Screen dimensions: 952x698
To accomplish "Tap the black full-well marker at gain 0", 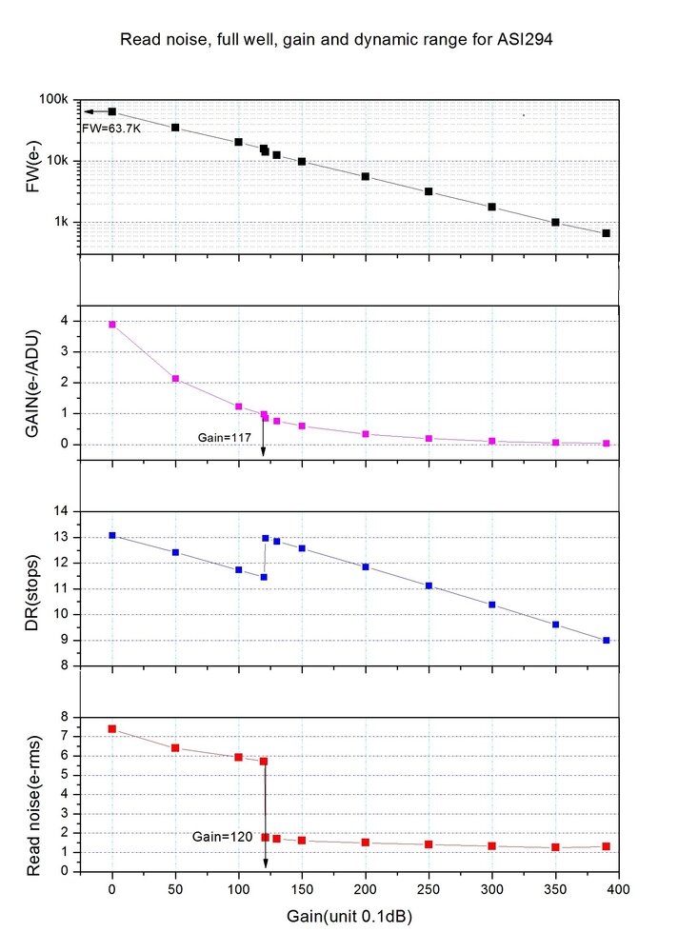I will pyautogui.click(x=112, y=111).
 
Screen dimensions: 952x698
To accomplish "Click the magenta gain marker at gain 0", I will pyautogui.click(x=112, y=325).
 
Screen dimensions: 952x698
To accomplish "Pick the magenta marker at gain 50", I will pyautogui.click(x=175, y=379).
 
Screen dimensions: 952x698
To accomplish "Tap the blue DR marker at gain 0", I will pyautogui.click(x=112, y=535).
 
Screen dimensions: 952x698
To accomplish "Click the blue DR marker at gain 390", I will pyautogui.click(x=606, y=641).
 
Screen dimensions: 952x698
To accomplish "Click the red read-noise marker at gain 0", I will pyautogui.click(x=112, y=728).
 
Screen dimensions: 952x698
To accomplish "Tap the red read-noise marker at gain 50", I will pyautogui.click(x=175, y=748).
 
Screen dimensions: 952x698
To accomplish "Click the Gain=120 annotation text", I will pyautogui.click(x=222, y=836).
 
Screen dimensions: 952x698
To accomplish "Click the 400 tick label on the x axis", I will pyautogui.click(x=618, y=889).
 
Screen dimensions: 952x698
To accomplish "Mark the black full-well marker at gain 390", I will pyautogui.click(x=606, y=233).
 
